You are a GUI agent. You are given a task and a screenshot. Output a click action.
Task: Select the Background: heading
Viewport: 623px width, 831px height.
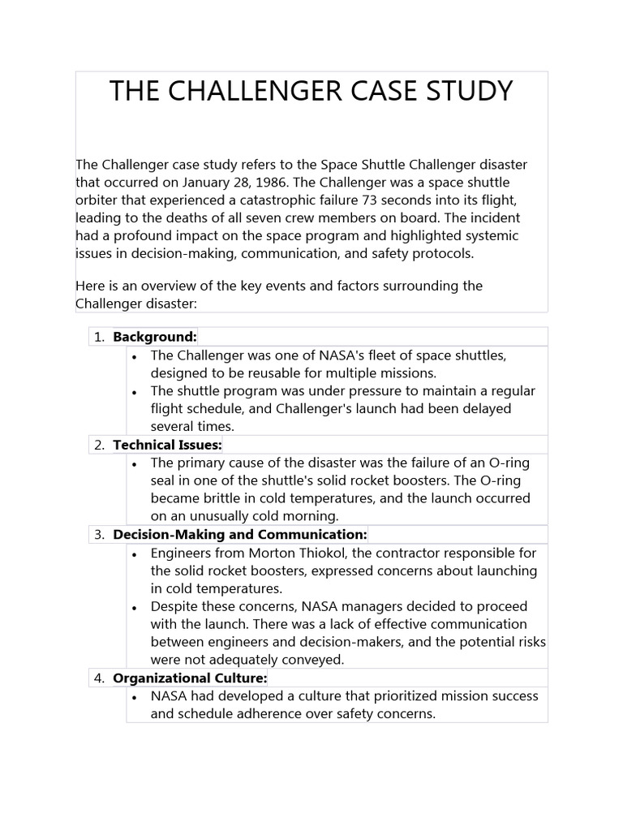[155, 337]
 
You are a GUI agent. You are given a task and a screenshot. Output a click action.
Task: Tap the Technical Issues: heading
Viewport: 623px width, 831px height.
[167, 445]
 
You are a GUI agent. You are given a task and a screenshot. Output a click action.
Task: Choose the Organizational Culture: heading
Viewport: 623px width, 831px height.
[190, 678]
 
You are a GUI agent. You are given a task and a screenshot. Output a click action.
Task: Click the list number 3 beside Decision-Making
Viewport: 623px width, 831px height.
[99, 535]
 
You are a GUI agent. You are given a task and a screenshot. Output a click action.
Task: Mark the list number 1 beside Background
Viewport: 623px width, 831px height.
[99, 337]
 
